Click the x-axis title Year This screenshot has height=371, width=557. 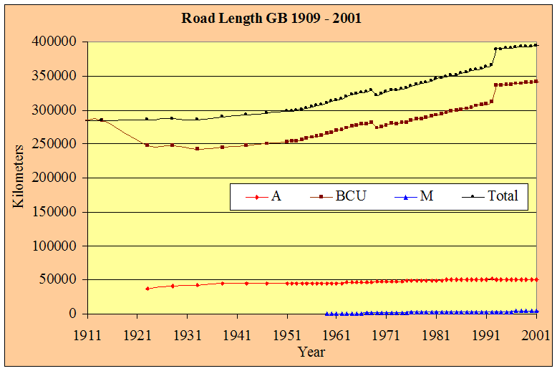click(311, 351)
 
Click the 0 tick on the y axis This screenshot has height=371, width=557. click(72, 314)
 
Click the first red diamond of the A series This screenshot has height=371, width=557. click(147, 289)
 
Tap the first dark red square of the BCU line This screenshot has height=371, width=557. click(147, 145)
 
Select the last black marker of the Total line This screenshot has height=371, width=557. click(537, 45)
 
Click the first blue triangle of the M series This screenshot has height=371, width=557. click(326, 314)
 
